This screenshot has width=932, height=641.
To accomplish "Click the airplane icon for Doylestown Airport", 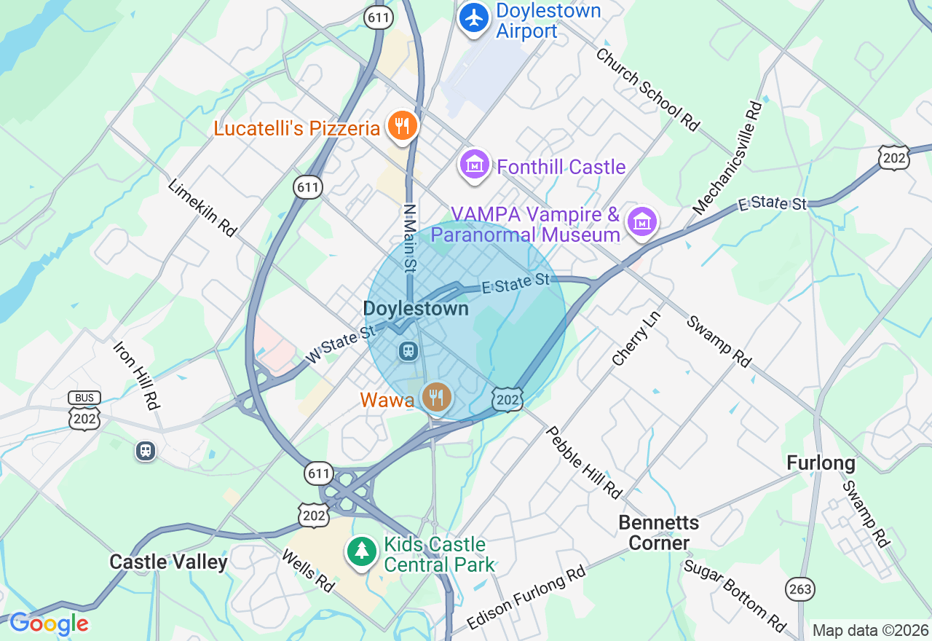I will (475, 17).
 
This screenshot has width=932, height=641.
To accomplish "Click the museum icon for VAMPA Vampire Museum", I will (642, 222).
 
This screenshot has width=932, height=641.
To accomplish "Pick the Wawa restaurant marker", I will (436, 397).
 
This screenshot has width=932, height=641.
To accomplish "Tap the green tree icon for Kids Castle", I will (361, 551).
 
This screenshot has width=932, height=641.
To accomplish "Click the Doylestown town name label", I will (416, 309).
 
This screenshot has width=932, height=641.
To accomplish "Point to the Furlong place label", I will (821, 463).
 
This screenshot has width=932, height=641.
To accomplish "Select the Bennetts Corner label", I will (658, 532).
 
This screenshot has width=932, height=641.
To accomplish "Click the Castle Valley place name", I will (168, 562).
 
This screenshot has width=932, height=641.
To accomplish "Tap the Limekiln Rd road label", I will (202, 208).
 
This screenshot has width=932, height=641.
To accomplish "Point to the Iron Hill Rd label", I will (137, 374).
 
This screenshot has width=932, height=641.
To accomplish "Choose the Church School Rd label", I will (647, 90).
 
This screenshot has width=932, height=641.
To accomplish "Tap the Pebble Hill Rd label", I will (584, 463).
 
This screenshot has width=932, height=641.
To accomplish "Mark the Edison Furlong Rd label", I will (526, 598).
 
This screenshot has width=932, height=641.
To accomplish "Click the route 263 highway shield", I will (800, 589).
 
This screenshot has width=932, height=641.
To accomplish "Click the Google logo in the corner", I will (49, 624).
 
